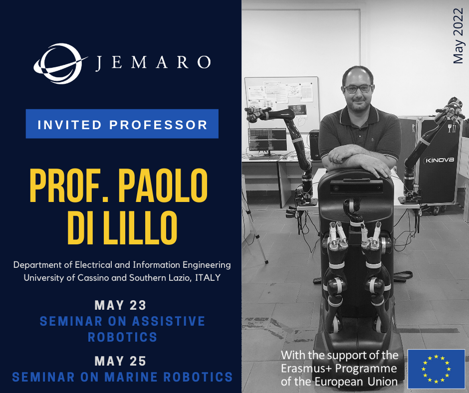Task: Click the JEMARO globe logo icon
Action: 59,63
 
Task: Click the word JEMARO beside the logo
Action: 153,63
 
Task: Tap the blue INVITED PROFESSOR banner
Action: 122,124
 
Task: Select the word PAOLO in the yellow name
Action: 163,186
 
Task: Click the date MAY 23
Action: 120,305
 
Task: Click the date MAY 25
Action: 120,361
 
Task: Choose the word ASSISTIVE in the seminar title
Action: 169,321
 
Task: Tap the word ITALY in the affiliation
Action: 208,278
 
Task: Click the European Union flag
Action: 436,369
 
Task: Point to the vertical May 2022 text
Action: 458,36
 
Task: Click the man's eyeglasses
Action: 358,89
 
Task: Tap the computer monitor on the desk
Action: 267,140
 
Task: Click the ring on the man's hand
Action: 336,157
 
